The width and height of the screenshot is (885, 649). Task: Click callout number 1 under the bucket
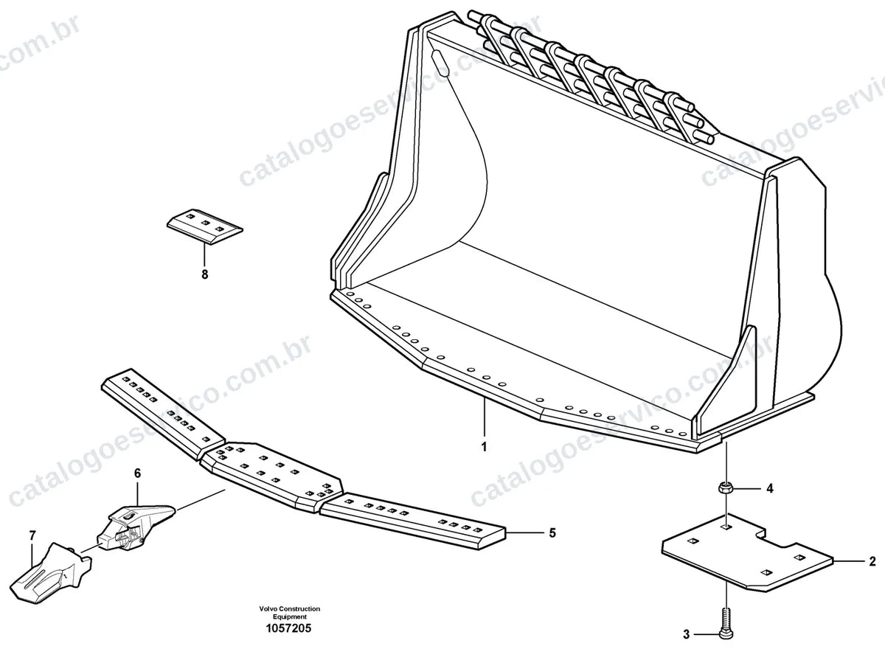coord(484,447)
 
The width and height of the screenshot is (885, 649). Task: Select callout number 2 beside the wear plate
coord(872,561)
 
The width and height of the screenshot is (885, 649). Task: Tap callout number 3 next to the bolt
coord(687,635)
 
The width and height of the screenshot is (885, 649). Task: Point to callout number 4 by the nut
coord(770,489)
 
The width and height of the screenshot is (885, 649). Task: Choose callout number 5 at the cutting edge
coord(552,533)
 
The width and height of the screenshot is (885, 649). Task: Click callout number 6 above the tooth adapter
coord(137,473)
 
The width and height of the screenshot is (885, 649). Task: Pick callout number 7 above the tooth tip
coord(32,535)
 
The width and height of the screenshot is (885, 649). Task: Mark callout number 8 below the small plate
coord(205,274)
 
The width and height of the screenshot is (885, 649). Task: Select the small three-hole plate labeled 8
coord(205,226)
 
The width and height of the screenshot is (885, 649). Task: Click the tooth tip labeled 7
coord(51,569)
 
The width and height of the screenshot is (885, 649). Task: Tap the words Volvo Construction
coord(290,609)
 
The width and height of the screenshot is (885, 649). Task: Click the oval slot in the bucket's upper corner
coord(440,63)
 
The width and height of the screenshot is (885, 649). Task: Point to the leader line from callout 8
coord(205,256)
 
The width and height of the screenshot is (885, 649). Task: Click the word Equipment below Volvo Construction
coord(290,617)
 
